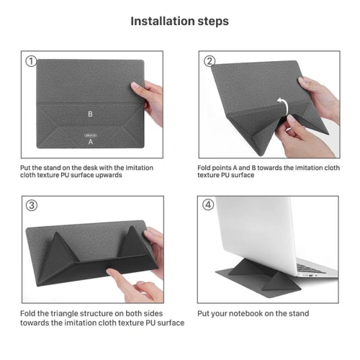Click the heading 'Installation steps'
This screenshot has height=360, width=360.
click(x=179, y=21)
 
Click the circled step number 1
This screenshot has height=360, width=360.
click(x=31, y=61)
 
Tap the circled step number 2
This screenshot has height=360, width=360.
click(x=210, y=61)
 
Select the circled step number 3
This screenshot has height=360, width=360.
click(x=31, y=204)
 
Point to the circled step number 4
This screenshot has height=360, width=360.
click(x=210, y=204)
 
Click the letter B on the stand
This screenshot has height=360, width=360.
click(x=90, y=114)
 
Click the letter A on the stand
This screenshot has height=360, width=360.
click(x=90, y=142)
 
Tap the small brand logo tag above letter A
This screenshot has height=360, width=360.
click(x=90, y=132)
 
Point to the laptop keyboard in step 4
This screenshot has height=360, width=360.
click(x=317, y=268)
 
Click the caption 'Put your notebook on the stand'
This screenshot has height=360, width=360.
click(x=253, y=314)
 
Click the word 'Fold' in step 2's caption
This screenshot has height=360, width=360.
click(x=205, y=167)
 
